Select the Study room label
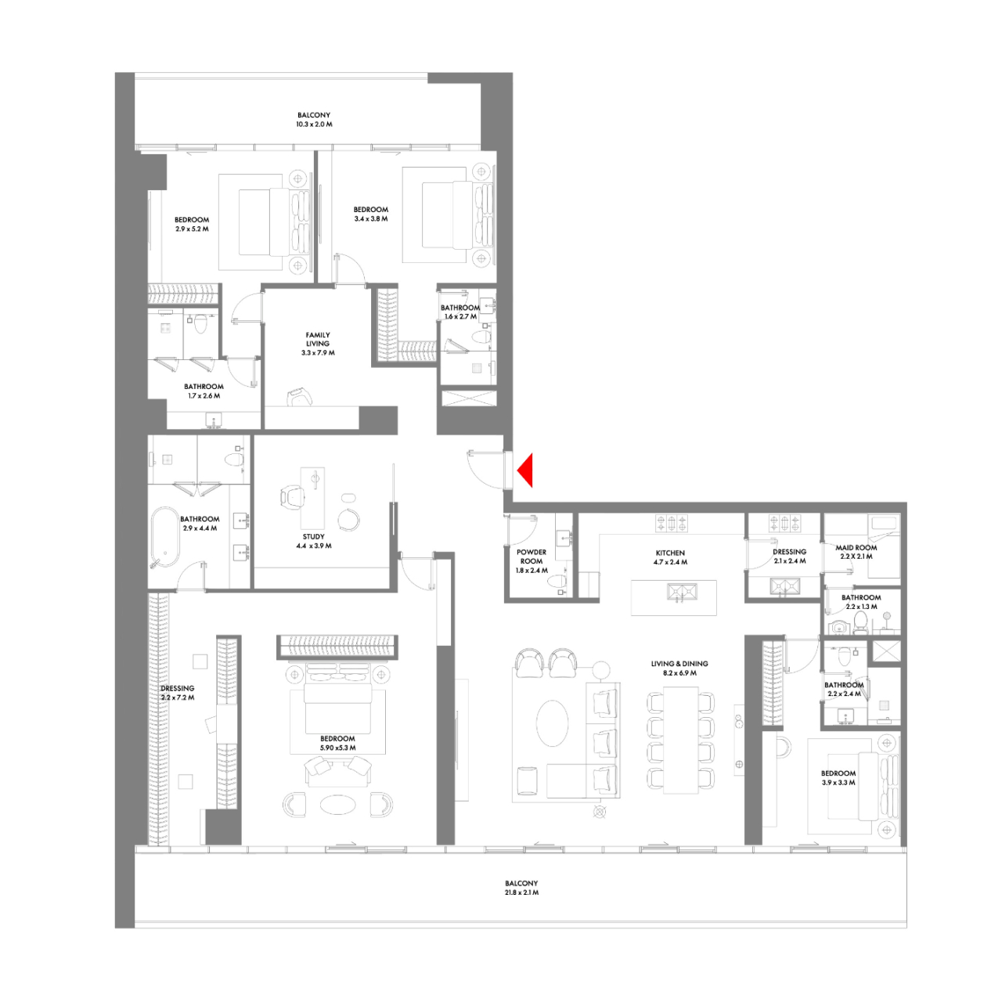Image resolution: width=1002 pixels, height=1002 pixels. [314, 537]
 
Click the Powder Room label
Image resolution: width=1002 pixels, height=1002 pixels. [532, 557]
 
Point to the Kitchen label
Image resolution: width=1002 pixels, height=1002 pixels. [670, 553]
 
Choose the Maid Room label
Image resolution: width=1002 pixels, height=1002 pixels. [856, 548]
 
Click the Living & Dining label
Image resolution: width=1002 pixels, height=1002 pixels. [679, 664]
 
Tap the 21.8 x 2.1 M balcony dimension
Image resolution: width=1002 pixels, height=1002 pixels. [521, 892]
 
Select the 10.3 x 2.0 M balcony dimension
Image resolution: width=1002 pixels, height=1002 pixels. [314, 124]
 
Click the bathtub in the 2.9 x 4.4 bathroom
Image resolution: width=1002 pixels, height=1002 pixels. [164, 537]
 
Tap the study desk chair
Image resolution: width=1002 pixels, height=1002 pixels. [292, 496]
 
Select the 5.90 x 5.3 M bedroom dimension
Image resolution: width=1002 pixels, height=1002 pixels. [337, 748]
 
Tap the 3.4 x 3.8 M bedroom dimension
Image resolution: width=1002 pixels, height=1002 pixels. [371, 219]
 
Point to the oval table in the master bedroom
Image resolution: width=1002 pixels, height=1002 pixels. [337, 804]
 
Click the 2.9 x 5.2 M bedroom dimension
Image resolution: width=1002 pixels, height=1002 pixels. [192, 229]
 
